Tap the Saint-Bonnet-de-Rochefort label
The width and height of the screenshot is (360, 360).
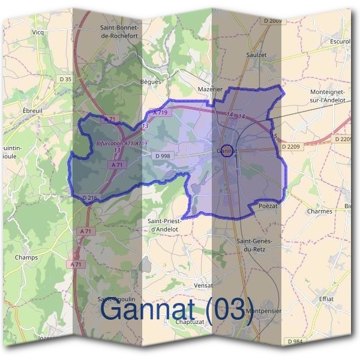tap(120, 31)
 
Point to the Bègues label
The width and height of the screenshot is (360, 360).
tap(151, 81)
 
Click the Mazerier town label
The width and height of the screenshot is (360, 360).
tap(210, 89)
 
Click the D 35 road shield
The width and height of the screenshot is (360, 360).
tap(65, 79)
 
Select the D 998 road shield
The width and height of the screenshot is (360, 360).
tap(163, 156)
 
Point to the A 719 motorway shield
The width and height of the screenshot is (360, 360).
tap(160, 112)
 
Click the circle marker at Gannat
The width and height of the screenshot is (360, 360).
tap(226, 151)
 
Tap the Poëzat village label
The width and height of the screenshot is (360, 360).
tap(268, 206)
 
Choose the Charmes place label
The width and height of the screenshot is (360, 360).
tap(319, 211)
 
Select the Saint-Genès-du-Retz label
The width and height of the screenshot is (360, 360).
tap(255, 245)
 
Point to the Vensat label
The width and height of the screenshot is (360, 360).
tap(204, 286)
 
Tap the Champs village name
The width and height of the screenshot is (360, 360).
tap(26, 257)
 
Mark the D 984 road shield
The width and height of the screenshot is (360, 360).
tap(294, 341)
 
